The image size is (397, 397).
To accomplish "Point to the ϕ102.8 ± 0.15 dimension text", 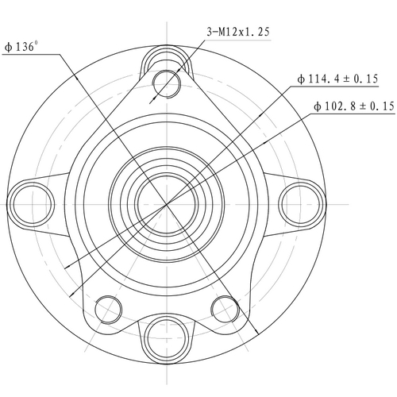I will [x=354, y=106].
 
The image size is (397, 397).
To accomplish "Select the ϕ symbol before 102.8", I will [x=318, y=106].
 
